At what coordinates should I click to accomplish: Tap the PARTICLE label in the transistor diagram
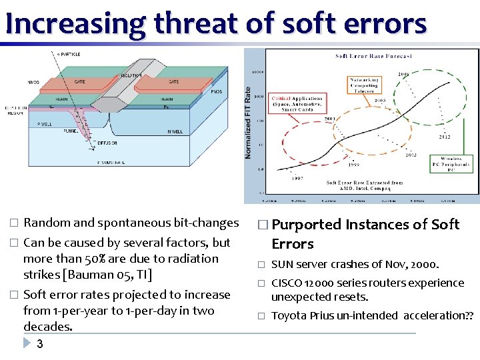[x=69, y=54]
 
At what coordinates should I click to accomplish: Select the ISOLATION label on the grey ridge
[x=131, y=76]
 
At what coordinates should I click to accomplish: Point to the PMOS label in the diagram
[x=215, y=92]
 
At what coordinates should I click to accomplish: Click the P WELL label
[x=45, y=124]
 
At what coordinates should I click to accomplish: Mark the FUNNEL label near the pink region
[x=52, y=132]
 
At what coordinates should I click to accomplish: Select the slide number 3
[x=40, y=344]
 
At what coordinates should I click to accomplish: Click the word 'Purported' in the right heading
[x=306, y=225]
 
